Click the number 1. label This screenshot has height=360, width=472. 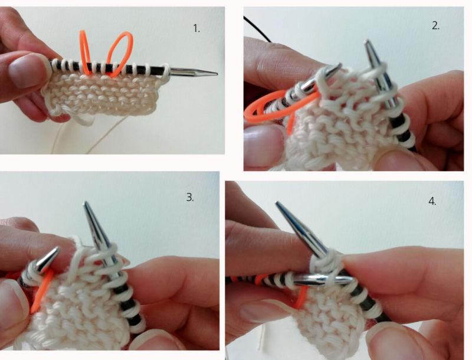(196, 28)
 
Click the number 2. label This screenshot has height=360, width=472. (435, 26)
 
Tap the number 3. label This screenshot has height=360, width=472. (190, 197)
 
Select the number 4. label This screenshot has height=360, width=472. (432, 201)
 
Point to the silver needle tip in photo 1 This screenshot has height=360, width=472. (194, 72)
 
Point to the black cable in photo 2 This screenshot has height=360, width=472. (257, 28)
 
